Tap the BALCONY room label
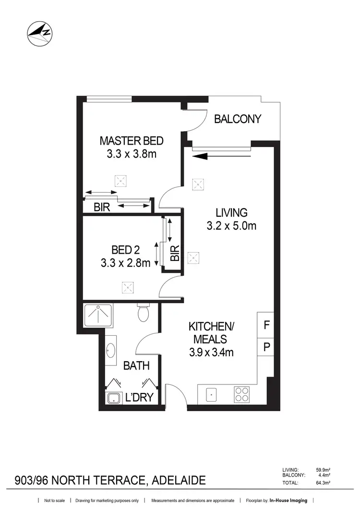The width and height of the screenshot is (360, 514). click(238, 119)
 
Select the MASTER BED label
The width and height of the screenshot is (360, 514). click(132, 141)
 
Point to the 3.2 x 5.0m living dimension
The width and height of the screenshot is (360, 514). click(231, 225)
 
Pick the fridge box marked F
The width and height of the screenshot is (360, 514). click(266, 325)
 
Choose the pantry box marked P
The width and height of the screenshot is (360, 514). click(266, 346)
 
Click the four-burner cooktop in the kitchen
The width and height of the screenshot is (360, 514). click(241, 394)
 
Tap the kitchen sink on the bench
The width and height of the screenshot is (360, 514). click(211, 394)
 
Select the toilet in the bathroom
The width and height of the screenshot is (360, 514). click(143, 312)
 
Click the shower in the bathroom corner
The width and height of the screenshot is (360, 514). click(98, 318)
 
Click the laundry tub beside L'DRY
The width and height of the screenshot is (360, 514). click(113, 398)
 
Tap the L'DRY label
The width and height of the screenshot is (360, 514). click(139, 398)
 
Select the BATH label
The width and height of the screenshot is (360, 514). click(137, 366)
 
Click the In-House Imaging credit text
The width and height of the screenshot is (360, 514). click(288, 501)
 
